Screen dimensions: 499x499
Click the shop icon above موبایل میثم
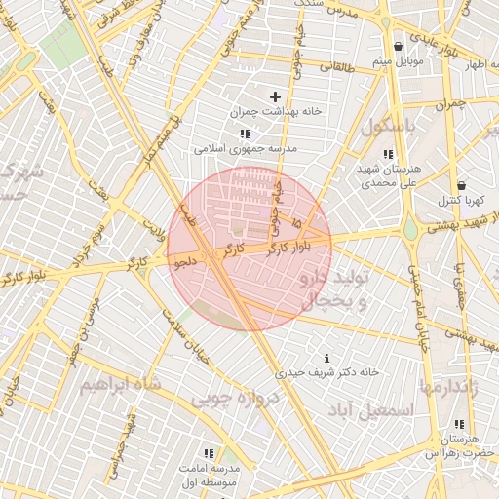(398, 47)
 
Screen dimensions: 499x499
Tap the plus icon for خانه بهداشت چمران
(275, 96)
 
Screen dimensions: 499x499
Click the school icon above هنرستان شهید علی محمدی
(389, 153)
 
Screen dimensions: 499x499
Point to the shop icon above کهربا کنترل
(460, 184)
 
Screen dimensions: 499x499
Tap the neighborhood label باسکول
(390, 128)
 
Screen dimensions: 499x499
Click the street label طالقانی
(338, 66)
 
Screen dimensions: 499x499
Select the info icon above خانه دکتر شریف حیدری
(326, 358)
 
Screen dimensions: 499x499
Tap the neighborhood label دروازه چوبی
(235, 399)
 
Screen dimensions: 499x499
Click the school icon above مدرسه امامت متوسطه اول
(208, 453)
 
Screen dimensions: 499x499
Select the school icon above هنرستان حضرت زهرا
(458, 425)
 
